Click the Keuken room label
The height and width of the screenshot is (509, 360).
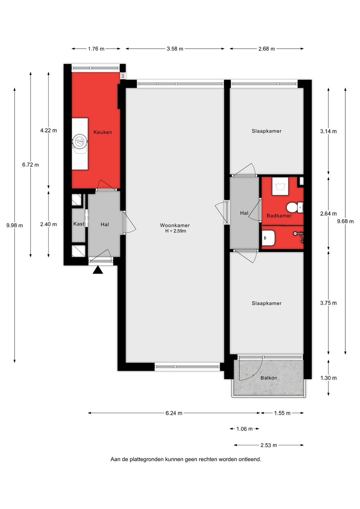103,132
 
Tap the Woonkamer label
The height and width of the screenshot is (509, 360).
175,225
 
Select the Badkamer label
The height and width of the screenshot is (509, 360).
279,216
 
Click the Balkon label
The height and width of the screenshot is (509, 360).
269,378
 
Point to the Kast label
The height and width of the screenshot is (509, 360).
79,224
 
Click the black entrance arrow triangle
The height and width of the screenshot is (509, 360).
98,270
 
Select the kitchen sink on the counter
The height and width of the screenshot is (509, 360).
80,142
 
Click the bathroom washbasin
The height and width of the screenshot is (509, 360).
268,238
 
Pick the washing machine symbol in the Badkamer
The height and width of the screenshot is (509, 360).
280,186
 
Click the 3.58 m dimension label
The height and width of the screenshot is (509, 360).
175,49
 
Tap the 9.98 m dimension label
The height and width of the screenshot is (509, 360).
15,225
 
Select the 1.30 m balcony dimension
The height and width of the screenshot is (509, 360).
328,378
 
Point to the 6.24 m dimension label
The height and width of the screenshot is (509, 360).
174,413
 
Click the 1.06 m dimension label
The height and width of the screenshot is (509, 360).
244,429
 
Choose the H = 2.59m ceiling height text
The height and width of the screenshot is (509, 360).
176,231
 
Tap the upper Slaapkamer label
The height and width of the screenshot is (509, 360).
267,131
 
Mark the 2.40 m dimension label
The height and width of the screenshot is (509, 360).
48,224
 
